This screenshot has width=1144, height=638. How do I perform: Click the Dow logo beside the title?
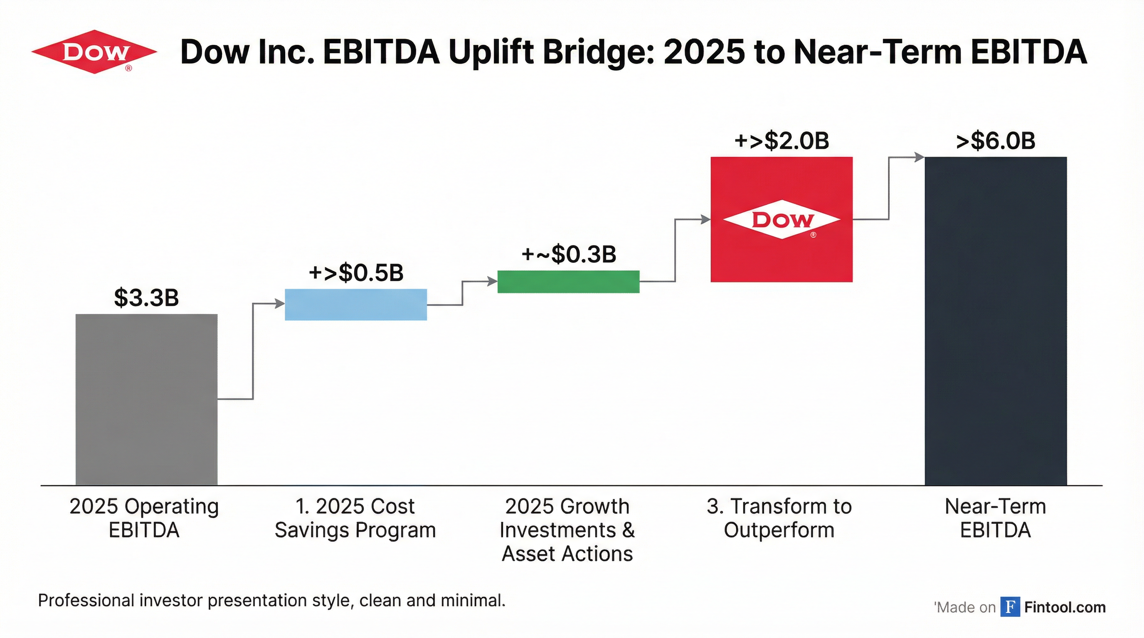(94, 52)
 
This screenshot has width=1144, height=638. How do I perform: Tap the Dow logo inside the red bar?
(782, 220)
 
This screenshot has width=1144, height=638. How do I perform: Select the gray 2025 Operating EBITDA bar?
(147, 399)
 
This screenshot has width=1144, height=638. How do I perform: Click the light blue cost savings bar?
(356, 304)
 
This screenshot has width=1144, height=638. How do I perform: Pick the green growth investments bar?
(568, 282)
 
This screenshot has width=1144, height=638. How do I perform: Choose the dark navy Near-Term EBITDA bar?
(996, 321)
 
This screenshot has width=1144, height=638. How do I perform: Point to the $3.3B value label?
(147, 298)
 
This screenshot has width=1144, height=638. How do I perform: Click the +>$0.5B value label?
(356, 272)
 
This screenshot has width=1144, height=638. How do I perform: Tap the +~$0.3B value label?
(568, 254)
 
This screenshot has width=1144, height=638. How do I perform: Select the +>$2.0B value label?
(782, 141)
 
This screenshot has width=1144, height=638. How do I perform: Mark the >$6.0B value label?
(996, 141)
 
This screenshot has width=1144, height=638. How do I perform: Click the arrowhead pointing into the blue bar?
(280, 304)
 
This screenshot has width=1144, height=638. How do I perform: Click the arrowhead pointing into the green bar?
(493, 281)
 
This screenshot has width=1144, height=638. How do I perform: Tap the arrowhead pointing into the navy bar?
(919, 157)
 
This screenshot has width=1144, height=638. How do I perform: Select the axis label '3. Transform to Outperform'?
(779, 518)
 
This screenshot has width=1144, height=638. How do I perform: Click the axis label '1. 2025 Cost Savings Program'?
(355, 518)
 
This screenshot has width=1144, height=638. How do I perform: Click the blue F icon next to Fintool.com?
(1010, 606)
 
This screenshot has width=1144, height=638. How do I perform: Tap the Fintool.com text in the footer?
(1065, 606)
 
